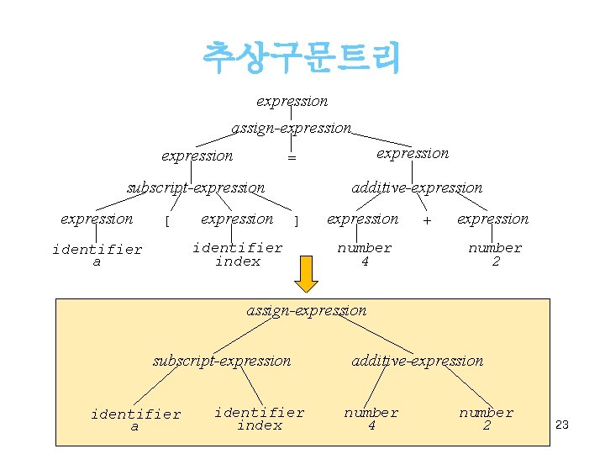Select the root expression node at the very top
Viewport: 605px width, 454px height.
(x=292, y=101)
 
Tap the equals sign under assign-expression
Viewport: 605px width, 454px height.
(x=292, y=157)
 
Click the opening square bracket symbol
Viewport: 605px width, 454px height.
(x=168, y=221)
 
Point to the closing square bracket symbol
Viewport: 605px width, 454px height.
(x=296, y=221)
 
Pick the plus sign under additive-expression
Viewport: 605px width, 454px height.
(x=428, y=220)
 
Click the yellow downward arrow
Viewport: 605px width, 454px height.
(x=308, y=273)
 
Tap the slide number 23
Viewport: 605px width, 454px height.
(x=562, y=425)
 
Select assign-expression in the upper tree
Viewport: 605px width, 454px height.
(x=291, y=128)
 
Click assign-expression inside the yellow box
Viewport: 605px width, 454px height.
(x=307, y=310)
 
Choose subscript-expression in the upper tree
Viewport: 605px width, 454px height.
(x=196, y=187)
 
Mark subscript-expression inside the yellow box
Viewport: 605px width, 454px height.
(x=222, y=361)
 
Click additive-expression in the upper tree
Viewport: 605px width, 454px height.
(x=417, y=187)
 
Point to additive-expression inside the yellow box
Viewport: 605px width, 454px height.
(x=418, y=361)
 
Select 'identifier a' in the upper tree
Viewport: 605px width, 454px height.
(x=97, y=256)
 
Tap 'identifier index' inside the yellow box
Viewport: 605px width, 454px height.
(x=260, y=419)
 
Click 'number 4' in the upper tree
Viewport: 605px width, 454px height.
(x=365, y=254)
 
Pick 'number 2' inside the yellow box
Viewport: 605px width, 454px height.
(x=486, y=419)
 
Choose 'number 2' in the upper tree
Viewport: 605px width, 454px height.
(x=495, y=254)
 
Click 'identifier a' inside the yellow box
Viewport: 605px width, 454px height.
(x=135, y=420)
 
